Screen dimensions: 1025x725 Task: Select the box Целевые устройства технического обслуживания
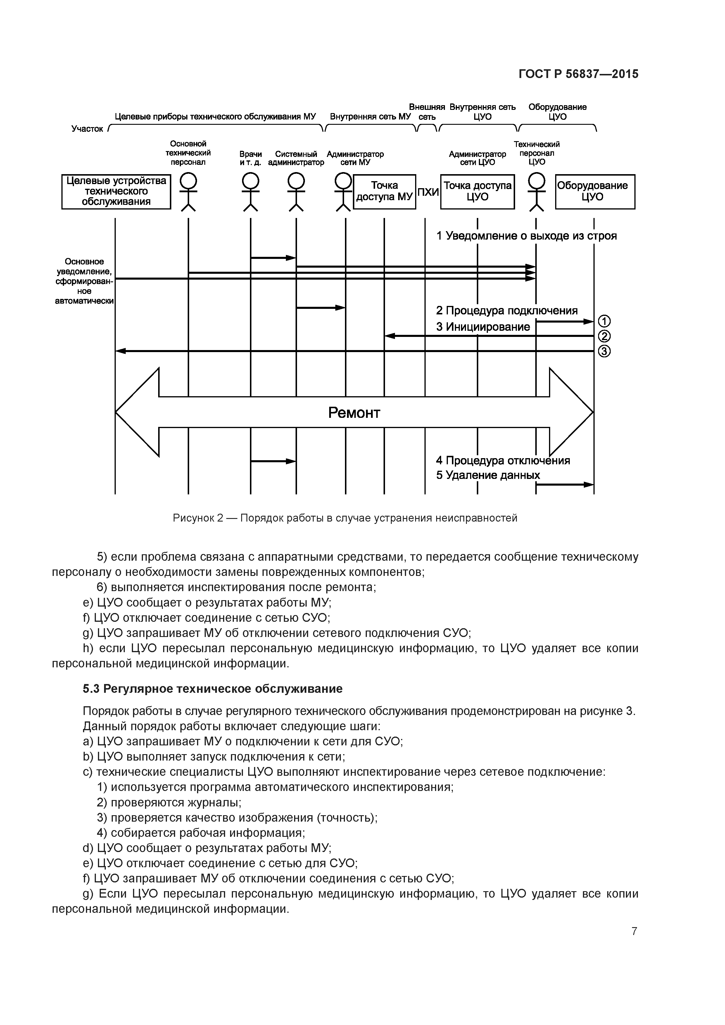click(116, 191)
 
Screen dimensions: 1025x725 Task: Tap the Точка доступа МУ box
click(385, 191)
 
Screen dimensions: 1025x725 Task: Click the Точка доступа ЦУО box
click(477, 191)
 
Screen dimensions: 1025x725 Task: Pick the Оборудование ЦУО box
click(595, 191)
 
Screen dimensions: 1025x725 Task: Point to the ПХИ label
click(428, 193)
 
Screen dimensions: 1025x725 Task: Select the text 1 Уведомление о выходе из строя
click(526, 236)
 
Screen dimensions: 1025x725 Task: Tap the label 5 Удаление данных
click(488, 475)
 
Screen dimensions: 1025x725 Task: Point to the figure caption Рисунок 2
click(345, 518)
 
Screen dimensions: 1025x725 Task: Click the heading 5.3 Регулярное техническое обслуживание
click(213, 689)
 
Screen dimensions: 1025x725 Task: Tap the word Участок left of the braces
click(87, 129)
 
